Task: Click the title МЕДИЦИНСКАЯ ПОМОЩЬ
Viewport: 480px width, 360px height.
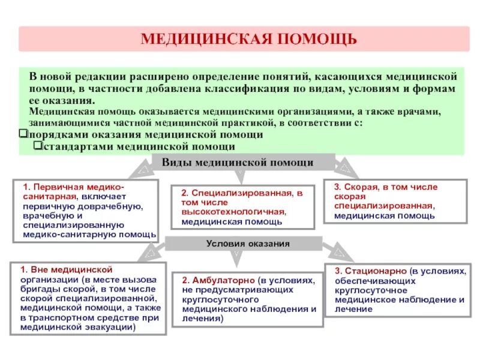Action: click(x=248, y=39)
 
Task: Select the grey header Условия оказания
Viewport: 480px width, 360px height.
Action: click(x=248, y=244)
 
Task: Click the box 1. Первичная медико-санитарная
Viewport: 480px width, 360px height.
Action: click(x=85, y=211)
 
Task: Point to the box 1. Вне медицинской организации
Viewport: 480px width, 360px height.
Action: click(x=88, y=299)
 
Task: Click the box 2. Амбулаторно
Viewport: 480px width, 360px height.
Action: click(x=248, y=299)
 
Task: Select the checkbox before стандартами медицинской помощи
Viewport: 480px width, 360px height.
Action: click(x=38, y=146)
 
